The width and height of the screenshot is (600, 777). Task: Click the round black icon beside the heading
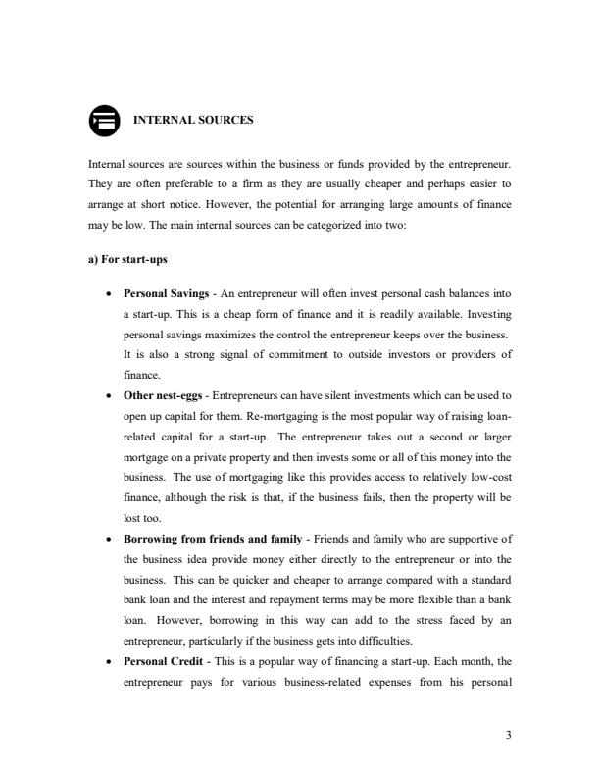click(x=103, y=121)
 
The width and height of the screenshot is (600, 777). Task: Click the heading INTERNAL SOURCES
click(x=192, y=121)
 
